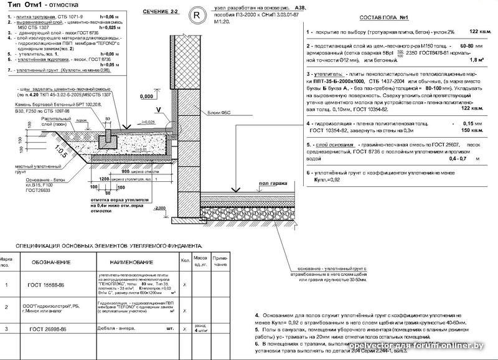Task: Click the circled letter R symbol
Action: point(197,14)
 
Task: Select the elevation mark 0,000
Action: point(146,97)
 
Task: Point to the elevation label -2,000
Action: point(161,207)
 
